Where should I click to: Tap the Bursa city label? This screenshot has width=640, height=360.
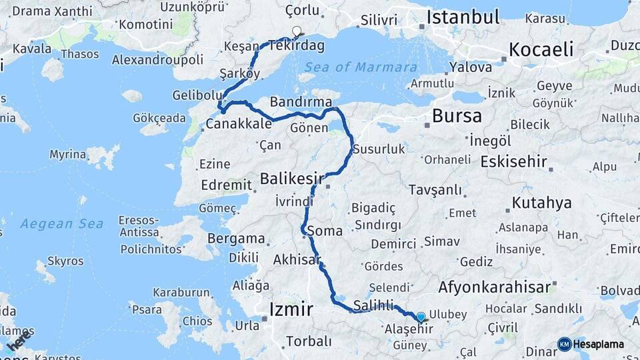tap(457, 115)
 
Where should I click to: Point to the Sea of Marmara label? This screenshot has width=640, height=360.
tap(361, 67)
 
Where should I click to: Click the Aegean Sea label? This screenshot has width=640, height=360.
tap(61, 224)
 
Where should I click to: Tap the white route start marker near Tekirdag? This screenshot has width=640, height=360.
tap(297, 31)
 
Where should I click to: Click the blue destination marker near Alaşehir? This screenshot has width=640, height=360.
tap(421, 317)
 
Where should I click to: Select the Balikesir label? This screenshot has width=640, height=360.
tap(292, 179)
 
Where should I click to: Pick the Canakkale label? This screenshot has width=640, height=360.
tap(239, 124)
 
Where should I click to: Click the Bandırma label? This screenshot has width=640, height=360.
tap(301, 101)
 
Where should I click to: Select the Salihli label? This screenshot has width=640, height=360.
tap(374, 304)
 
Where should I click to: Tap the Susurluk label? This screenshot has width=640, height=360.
tap(379, 149)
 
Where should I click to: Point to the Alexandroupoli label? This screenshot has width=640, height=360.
tap(157, 59)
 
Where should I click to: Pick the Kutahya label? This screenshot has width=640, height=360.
tap(542, 203)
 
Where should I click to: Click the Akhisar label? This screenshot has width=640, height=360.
tap(297, 260)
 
